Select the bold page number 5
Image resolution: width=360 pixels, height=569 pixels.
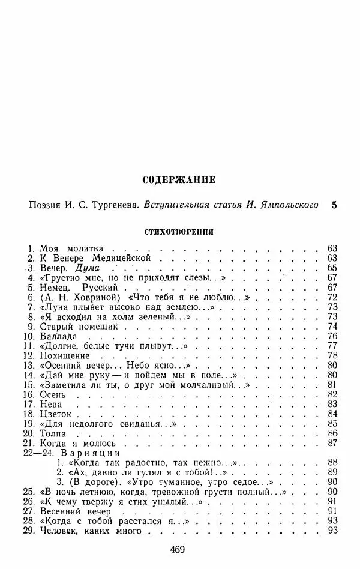click(x=334, y=205)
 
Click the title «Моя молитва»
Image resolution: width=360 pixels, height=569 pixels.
click(x=71, y=248)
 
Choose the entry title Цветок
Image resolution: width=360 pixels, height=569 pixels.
click(x=56, y=414)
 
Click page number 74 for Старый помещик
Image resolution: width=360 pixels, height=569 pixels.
click(x=334, y=327)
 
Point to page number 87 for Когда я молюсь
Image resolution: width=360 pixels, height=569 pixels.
click(x=334, y=443)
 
